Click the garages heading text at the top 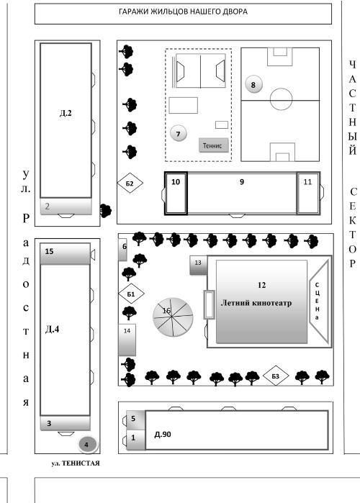[183, 12]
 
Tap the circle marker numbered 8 [253, 85]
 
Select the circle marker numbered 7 [178, 133]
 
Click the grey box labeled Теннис [213, 145]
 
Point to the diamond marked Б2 [130, 183]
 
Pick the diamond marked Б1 [131, 294]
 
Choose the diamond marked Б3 [276, 376]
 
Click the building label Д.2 [66, 113]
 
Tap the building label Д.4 [53, 329]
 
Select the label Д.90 [163, 435]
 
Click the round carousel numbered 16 [173, 317]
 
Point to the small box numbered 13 [198, 266]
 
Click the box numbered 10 [176, 194]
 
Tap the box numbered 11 [308, 193]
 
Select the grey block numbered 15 [65, 254]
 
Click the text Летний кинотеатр [256, 303]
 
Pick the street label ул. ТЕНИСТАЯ [76, 463]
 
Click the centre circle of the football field [281, 99]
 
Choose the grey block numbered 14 [127, 340]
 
